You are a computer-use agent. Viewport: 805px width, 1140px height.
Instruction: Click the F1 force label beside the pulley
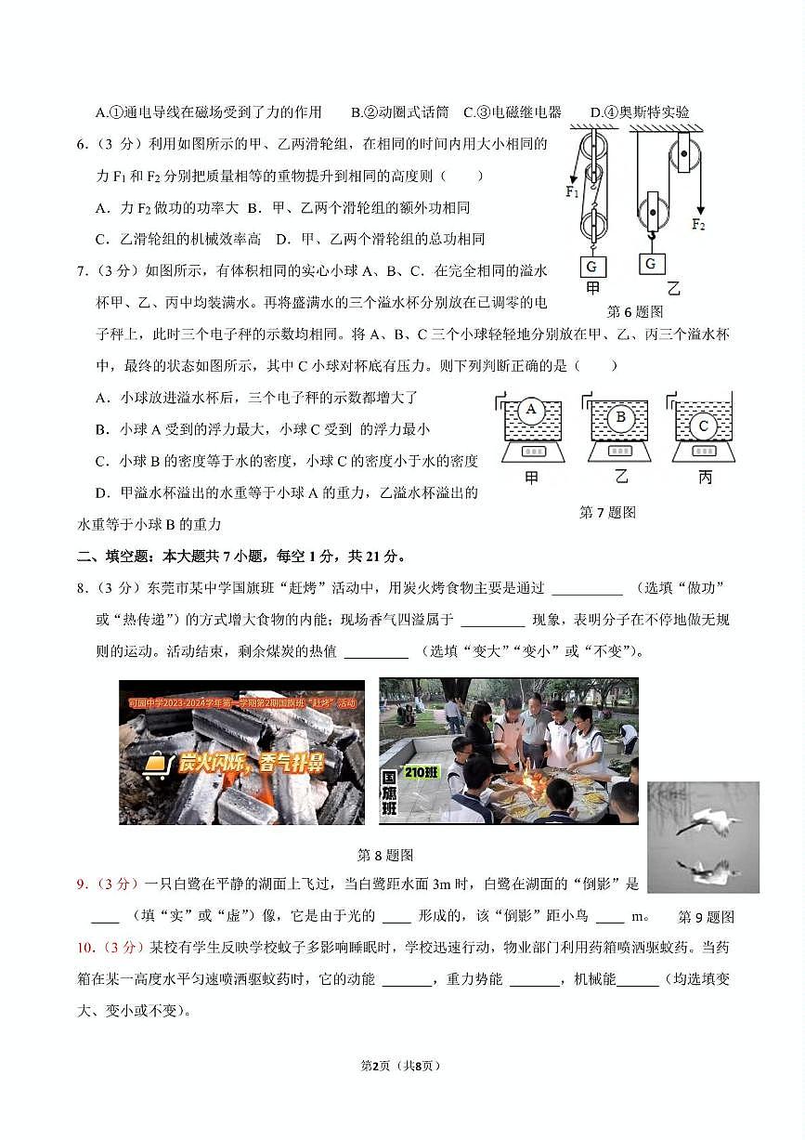(x=572, y=193)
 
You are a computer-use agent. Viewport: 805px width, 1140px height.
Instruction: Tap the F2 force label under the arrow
(x=698, y=224)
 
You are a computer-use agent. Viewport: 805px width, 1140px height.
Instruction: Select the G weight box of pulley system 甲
(x=591, y=266)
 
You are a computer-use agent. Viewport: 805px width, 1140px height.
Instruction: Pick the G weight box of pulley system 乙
(x=652, y=264)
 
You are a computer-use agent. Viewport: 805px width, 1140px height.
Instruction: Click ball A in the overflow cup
(x=531, y=410)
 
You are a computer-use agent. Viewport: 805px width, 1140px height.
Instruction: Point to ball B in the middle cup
(x=620, y=417)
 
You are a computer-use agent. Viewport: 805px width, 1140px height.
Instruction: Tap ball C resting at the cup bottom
(x=703, y=426)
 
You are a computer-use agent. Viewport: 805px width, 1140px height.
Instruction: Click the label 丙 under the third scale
(x=705, y=478)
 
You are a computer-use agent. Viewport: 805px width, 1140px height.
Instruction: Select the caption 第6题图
(x=635, y=311)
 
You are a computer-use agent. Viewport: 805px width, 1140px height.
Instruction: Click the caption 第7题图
(x=607, y=512)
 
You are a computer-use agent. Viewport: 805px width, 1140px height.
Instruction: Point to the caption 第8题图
(x=385, y=855)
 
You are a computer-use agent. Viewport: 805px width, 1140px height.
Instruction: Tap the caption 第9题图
(x=706, y=917)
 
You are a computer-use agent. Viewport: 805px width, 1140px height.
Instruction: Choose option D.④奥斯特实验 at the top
(x=640, y=112)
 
